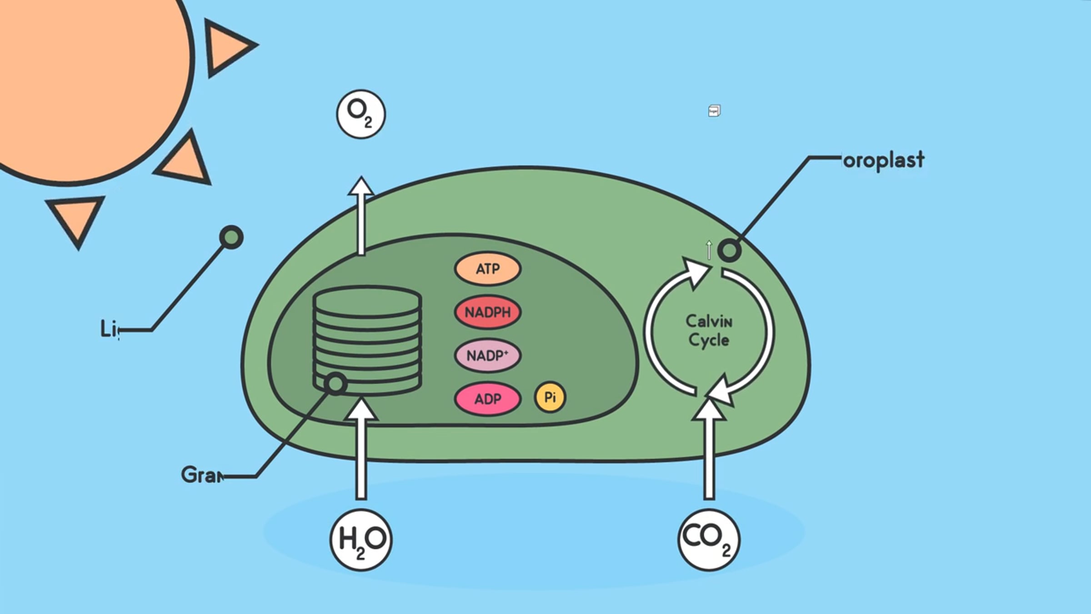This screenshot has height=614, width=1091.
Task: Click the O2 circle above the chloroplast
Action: tap(361, 114)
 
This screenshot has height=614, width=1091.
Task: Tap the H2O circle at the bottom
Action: tap(361, 539)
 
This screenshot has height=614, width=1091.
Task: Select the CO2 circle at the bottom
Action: tap(709, 539)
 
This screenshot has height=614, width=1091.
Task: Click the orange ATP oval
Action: tap(487, 269)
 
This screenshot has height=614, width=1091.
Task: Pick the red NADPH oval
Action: tap(487, 312)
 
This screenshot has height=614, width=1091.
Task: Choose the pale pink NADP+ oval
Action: tap(487, 356)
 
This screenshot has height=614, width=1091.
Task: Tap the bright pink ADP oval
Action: tap(487, 399)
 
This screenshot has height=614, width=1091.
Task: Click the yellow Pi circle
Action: tap(550, 397)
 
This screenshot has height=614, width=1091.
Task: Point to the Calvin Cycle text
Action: tap(709, 331)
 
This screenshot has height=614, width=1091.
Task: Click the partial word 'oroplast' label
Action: tap(883, 160)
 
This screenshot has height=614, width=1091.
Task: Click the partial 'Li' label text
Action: tap(109, 329)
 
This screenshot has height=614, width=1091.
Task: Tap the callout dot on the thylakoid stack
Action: tap(336, 383)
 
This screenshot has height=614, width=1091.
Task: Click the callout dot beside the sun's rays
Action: tap(231, 237)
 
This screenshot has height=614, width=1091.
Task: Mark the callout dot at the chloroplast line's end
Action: tap(729, 250)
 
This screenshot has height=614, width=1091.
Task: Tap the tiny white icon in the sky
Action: tap(714, 111)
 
